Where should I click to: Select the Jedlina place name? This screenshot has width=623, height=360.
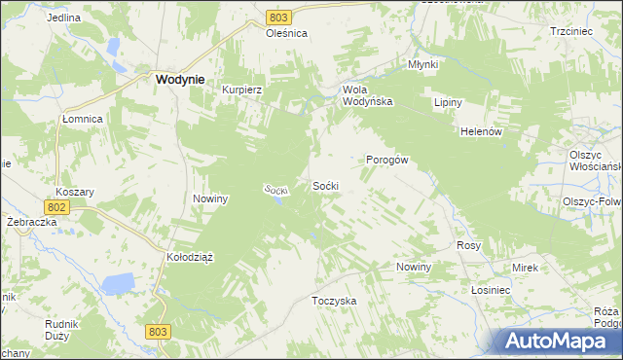[x=62, y=18]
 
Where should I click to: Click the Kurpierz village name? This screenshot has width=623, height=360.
[x=243, y=89]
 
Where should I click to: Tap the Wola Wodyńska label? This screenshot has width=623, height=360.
[x=367, y=94]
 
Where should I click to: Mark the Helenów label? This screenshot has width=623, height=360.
[x=480, y=132]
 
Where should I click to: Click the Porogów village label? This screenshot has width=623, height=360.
[x=386, y=160]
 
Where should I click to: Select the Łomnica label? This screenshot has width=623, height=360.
[x=83, y=119]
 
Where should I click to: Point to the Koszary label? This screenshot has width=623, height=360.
[x=74, y=192]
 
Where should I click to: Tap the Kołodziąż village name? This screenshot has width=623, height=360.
[x=189, y=257]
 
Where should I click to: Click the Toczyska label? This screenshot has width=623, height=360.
[x=334, y=301]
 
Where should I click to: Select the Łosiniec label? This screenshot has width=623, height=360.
[x=491, y=291]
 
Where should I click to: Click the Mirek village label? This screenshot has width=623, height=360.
[x=525, y=267]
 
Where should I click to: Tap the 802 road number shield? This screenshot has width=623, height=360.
[x=56, y=207]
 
